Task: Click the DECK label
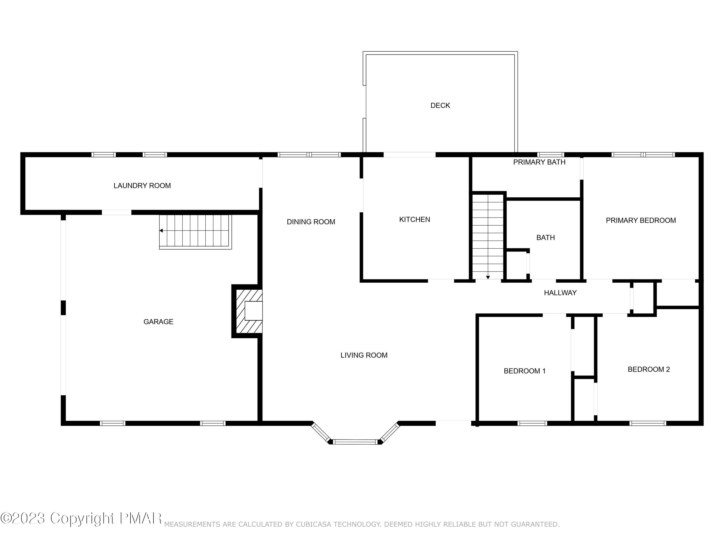(x=440, y=105)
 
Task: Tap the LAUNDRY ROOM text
(x=142, y=186)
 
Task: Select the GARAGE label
(x=158, y=322)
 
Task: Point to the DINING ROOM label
(x=311, y=222)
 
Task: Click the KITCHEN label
(x=414, y=220)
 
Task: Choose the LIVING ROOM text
(x=364, y=355)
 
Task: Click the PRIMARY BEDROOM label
(x=640, y=220)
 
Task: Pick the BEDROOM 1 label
(x=524, y=371)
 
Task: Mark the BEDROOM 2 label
(x=648, y=369)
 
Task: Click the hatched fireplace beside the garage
(x=249, y=311)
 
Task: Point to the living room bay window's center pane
(x=355, y=442)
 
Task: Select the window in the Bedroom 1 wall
(x=532, y=423)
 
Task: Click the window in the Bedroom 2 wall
(x=647, y=423)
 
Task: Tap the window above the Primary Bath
(x=550, y=154)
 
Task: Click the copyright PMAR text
(x=81, y=518)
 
